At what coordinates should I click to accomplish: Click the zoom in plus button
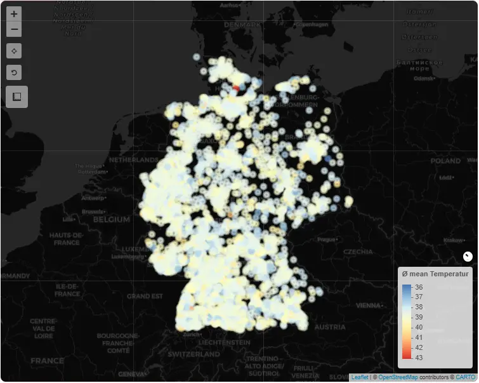(x=14, y=14)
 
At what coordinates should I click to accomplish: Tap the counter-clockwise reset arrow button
(x=14, y=72)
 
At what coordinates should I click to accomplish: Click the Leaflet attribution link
(x=359, y=377)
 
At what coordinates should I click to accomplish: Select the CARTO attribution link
(x=465, y=377)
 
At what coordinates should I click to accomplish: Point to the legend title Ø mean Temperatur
(x=436, y=274)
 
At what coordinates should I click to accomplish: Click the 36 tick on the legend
(x=419, y=287)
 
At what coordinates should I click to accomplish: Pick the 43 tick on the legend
(x=419, y=357)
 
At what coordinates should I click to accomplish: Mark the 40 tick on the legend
(x=419, y=327)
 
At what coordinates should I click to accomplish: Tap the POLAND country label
(x=446, y=161)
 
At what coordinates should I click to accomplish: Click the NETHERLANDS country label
(x=133, y=159)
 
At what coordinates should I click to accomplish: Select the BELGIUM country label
(x=111, y=219)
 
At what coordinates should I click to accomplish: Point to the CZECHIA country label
(x=358, y=252)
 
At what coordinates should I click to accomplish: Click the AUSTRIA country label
(x=330, y=327)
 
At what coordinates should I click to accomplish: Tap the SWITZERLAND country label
(x=194, y=354)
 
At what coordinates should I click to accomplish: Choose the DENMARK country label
(x=242, y=25)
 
